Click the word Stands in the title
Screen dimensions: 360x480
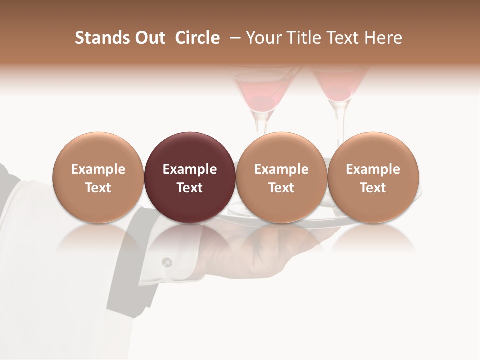[102, 38]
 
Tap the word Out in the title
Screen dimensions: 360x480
[149, 38]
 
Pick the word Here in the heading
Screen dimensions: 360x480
[383, 38]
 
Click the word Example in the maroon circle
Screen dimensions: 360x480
[190, 169]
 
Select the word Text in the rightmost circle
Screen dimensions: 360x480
[373, 188]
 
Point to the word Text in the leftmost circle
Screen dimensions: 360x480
[98, 188]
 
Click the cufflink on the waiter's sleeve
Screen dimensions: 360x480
[167, 262]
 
